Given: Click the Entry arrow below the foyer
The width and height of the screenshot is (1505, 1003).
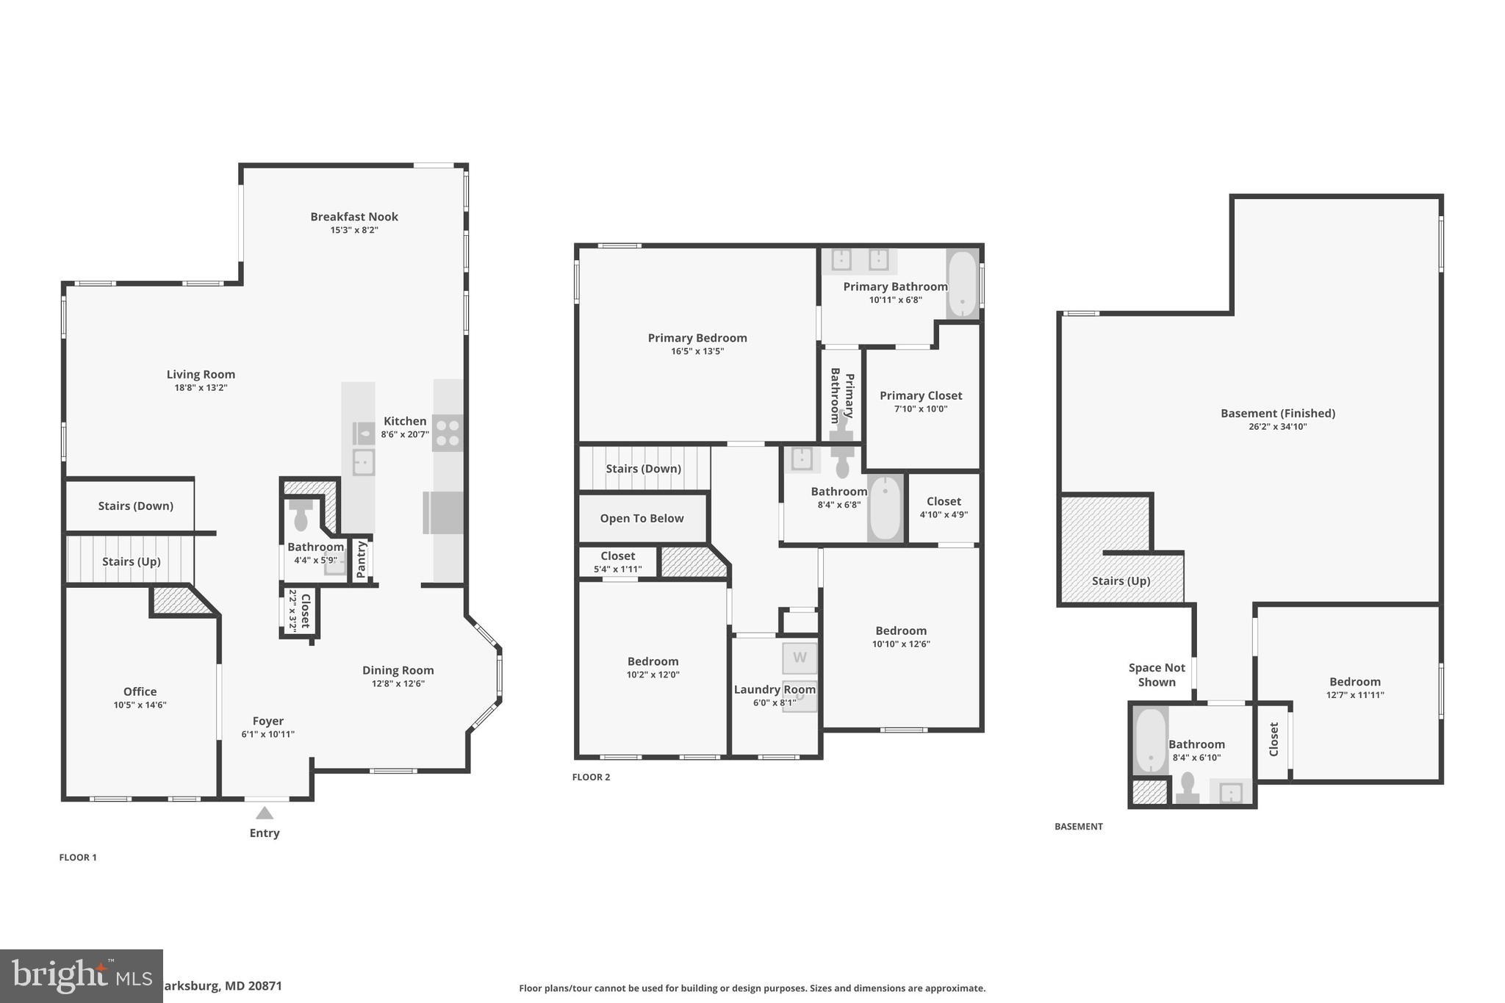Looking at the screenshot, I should [265, 813].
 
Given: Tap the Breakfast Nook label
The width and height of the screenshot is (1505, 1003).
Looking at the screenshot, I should [354, 217].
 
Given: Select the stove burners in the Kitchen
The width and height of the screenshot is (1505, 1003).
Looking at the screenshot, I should [447, 433].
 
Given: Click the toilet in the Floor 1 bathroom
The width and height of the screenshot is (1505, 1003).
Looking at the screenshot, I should [301, 516].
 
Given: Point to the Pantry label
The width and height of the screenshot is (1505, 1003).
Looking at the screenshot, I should [361, 559].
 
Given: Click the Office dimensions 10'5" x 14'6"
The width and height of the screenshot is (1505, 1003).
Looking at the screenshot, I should [140, 705].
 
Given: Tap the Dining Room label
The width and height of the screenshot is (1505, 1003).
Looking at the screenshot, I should [398, 670].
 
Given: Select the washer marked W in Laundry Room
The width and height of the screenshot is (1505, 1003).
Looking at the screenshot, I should [800, 658].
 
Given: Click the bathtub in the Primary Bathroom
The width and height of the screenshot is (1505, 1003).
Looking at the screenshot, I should [962, 285].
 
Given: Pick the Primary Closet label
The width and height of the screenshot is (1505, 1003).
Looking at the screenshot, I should [921, 395].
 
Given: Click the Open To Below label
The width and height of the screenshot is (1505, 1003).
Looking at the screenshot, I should [642, 519].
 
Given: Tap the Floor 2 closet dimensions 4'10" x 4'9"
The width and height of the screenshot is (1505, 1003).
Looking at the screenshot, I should [944, 515].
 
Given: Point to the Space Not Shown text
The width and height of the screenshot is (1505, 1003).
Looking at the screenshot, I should [1157, 675].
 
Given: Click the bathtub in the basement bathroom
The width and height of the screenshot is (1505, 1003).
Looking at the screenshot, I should [1150, 739].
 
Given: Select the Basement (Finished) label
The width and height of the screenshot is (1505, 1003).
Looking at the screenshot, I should [1277, 413].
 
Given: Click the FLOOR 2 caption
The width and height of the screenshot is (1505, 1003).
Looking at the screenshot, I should [591, 777].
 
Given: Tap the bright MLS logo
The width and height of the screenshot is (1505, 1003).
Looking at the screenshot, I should [81, 976].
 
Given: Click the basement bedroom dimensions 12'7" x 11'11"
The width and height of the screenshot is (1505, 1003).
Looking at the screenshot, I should [1354, 695].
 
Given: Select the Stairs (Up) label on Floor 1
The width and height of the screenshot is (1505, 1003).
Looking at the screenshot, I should [131, 562].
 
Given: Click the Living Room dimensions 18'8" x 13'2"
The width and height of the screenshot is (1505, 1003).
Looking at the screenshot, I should [201, 388].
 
